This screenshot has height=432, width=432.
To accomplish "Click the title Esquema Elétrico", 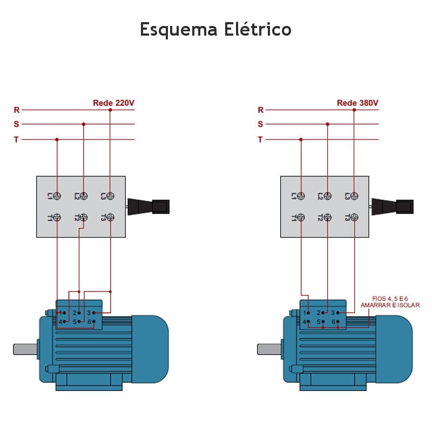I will point(215,29).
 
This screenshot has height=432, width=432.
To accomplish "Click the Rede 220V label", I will point(113,103).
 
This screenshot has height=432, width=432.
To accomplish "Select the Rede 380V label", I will point(357,103).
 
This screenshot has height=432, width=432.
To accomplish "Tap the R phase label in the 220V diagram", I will point(16,110).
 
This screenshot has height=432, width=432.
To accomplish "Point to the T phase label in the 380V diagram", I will point(260,139).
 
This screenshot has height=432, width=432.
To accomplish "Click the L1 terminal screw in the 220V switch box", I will point(57,195).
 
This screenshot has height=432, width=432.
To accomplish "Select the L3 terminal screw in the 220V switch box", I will point(110,195).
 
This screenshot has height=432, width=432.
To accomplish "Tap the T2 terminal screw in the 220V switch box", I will point(83,218).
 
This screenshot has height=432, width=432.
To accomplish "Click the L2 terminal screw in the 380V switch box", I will point(327,195).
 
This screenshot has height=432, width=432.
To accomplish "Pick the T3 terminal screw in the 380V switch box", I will point(354,218).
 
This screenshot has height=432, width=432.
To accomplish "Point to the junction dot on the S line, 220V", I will point(83,124).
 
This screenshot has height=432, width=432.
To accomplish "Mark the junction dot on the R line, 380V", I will point(354,110).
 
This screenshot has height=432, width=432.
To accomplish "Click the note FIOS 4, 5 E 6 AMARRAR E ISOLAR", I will point(390,301).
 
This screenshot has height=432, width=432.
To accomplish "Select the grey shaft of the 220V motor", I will point(25,349).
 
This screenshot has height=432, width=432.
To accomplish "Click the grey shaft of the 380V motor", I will point(269,349).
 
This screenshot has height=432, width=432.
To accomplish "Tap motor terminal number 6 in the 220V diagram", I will point(90,322).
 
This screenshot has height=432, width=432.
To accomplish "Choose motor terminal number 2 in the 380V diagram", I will point(319,313).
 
